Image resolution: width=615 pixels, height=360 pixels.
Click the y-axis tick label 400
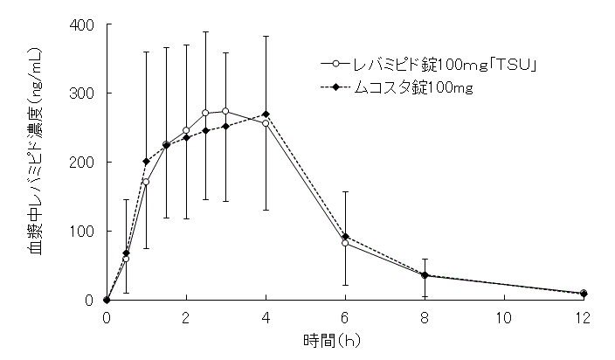click(83, 24)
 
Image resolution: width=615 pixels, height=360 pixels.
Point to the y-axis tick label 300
click(83, 93)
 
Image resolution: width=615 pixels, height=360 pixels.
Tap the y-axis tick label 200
click(83, 163)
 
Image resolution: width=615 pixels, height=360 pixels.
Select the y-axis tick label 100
click(83, 232)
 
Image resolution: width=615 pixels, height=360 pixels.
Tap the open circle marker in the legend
click(335, 64)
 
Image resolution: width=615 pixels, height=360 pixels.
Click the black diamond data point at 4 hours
click(266, 114)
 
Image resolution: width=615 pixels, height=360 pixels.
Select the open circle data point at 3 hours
click(225, 111)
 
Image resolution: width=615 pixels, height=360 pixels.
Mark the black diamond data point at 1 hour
click(146, 162)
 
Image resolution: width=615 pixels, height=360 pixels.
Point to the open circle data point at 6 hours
click(345, 243)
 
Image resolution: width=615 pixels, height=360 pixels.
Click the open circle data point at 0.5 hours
click(126, 259)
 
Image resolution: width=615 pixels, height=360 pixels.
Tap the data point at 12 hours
click(583, 294)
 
